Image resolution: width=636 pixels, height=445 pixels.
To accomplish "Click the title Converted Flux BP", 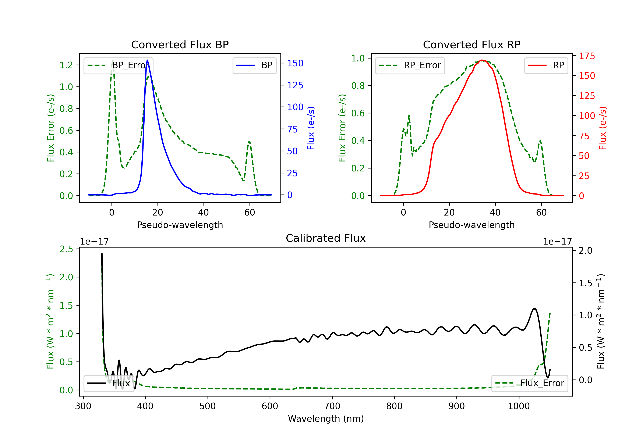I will [180, 44].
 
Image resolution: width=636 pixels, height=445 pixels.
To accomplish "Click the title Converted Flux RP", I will [471, 44].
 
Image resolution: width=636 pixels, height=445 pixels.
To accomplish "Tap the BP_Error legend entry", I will [119, 65].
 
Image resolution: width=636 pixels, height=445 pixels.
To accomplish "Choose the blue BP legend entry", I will [254, 65].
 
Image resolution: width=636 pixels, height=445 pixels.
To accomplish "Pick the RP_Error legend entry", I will [410, 65].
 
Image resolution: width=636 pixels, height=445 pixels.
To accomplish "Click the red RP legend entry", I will [546, 65].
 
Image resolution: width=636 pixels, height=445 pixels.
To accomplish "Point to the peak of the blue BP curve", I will [147, 60].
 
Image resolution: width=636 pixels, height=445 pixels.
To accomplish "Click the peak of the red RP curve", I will [482, 60].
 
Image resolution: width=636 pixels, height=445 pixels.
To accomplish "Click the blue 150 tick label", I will [295, 63].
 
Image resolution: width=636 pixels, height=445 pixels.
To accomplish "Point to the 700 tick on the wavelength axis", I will [332, 406].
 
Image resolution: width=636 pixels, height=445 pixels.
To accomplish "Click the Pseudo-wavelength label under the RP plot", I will [471, 225].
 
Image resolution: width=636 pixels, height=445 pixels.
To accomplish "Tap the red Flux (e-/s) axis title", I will [603, 128].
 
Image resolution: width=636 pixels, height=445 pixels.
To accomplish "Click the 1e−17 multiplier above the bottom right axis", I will [557, 242].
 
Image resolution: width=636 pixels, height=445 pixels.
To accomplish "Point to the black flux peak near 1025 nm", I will [535, 309].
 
